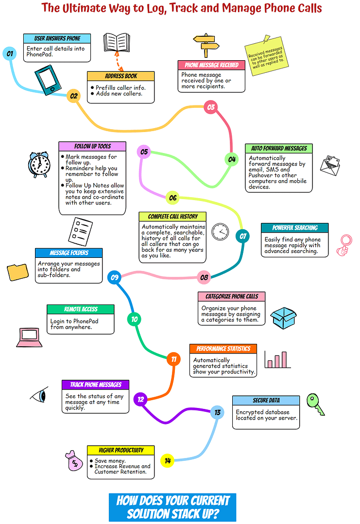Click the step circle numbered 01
[9, 53]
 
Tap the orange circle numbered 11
[173, 359]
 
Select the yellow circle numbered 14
[168, 461]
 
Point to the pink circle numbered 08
[204, 277]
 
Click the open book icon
[117, 42]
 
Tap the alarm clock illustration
[39, 165]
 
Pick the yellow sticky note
[266, 56]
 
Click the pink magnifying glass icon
[344, 245]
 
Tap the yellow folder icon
[17, 272]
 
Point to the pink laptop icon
[30, 338]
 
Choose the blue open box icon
[283, 318]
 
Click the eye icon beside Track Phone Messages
[39, 395]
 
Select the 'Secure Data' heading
[266, 400]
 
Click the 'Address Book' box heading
[120, 76]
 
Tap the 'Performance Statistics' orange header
[223, 349]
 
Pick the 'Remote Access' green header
[81, 309]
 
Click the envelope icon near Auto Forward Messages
[330, 166]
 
